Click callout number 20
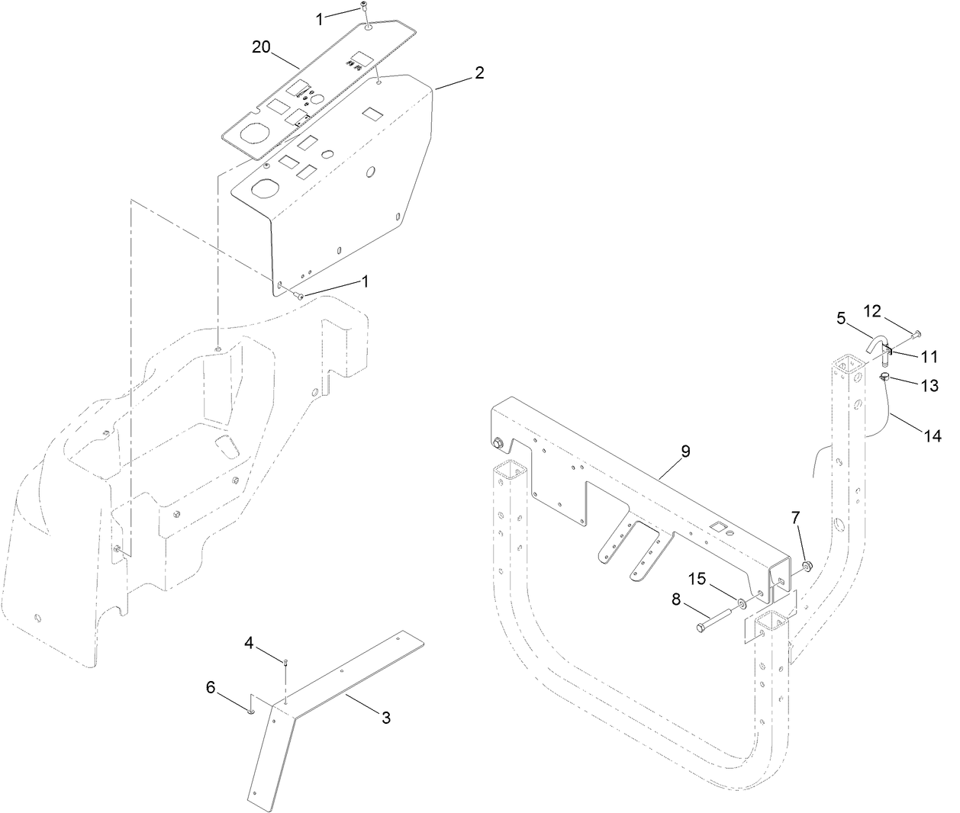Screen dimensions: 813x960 [x=262, y=47]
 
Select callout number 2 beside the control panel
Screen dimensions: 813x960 [x=478, y=73]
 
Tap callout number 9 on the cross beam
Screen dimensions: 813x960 [x=685, y=451]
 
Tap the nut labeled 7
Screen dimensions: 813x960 [x=807, y=566]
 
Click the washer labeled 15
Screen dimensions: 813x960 [x=741, y=603]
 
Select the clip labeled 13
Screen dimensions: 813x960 [x=885, y=375]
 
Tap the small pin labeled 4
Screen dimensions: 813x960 [x=284, y=662]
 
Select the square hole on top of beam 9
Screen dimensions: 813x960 [x=717, y=525]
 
